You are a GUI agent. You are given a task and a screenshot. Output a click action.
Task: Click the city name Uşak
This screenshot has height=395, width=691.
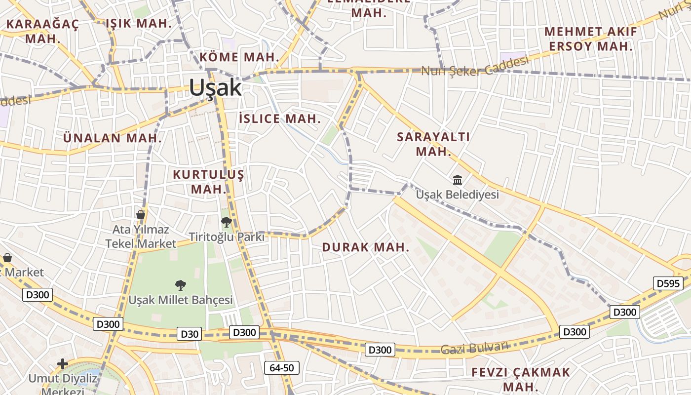(x=215, y=88)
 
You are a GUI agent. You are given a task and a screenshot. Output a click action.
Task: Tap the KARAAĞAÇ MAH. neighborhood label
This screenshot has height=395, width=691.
(x=42, y=31)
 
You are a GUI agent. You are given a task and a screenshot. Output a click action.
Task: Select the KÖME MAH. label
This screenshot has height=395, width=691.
(x=239, y=57)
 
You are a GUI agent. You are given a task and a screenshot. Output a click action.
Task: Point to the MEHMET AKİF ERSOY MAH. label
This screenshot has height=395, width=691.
(x=590, y=39)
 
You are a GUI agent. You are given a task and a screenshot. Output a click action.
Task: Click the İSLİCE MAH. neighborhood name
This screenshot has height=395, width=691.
(x=280, y=118)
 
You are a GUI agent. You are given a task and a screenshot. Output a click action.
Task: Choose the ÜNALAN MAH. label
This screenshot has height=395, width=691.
(x=113, y=138)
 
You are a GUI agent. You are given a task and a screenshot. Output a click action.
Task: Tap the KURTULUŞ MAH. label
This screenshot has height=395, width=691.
(x=208, y=182)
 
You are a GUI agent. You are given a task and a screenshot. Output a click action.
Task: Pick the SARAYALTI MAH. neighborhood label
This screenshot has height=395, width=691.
(x=433, y=144)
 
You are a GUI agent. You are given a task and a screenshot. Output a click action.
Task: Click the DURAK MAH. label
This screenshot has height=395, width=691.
(x=366, y=247)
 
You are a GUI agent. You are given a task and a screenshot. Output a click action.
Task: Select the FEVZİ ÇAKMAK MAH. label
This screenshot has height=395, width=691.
(x=521, y=379)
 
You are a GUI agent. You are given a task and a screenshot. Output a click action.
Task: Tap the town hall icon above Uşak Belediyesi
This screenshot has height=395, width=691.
(x=458, y=180)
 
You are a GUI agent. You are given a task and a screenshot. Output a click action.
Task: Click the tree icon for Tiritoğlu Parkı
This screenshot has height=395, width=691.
(x=227, y=222)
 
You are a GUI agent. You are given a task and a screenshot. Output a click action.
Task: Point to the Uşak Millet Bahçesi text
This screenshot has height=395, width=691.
(x=181, y=300)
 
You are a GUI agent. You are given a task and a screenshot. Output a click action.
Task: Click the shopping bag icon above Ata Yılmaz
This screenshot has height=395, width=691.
(x=141, y=215)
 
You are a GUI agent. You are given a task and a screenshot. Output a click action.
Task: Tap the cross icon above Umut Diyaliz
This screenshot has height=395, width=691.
(x=63, y=364)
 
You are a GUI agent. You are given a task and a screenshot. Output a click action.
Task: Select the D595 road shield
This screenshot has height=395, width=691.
(x=669, y=283)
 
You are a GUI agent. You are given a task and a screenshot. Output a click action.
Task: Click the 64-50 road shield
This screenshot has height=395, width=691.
(x=281, y=367)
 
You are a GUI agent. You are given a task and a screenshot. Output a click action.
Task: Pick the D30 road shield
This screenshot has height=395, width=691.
(x=190, y=334)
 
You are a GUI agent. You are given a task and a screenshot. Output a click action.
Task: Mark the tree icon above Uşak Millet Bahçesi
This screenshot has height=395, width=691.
(x=181, y=285)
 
